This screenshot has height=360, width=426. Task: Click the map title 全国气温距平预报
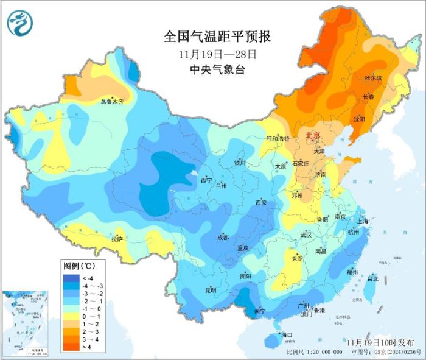(x=217, y=37)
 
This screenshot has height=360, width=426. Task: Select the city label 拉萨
(x=117, y=239)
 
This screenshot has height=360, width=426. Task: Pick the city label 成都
(x=222, y=238)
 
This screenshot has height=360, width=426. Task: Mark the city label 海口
(x=286, y=335)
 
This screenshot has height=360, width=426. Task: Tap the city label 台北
(x=372, y=278)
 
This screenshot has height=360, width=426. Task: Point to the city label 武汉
(x=306, y=235)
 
